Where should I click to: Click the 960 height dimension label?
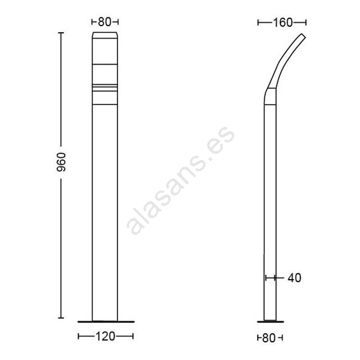(x=61, y=162)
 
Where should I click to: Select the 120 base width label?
(x=105, y=337)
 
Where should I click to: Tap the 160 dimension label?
(x=282, y=23)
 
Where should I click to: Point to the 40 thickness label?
(x=294, y=278)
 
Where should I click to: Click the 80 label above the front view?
(x=105, y=22)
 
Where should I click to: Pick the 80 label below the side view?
(x=269, y=338)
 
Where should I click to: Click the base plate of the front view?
(x=106, y=322)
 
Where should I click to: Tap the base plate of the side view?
(x=270, y=322)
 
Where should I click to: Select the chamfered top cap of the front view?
(x=105, y=35)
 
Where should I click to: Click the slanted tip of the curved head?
(x=303, y=37)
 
